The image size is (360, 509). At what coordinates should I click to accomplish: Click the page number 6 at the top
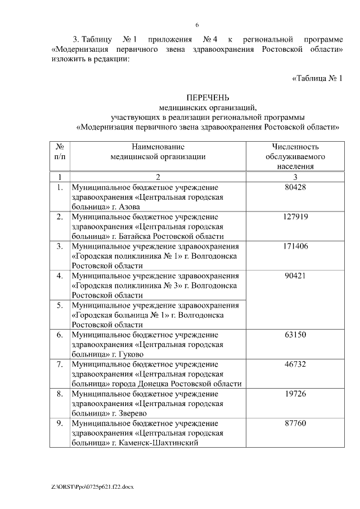pyautogui.click(x=197, y=25)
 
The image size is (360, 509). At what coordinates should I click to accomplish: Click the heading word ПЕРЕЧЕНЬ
pyautogui.click(x=208, y=97)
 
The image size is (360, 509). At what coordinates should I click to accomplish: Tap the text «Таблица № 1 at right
pyautogui.click(x=317, y=78)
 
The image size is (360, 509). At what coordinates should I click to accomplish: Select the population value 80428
pyautogui.click(x=295, y=187)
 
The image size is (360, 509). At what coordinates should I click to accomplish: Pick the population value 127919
pyautogui.click(x=295, y=217)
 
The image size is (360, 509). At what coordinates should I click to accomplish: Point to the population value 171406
pyautogui.click(x=295, y=246)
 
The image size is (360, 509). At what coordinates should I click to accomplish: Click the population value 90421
pyautogui.click(x=295, y=276)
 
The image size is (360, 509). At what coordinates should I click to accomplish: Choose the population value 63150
pyautogui.click(x=295, y=335)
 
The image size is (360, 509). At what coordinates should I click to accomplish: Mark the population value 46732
pyautogui.click(x=295, y=364)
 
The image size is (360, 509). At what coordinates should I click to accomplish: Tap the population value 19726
pyautogui.click(x=295, y=394)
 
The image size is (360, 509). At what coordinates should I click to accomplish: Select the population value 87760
pyautogui.click(x=295, y=423)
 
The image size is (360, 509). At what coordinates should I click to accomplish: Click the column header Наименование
pyautogui.click(x=158, y=146)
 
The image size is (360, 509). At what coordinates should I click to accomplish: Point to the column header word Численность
pyautogui.click(x=295, y=146)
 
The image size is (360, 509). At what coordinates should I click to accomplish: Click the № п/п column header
pyautogui.click(x=60, y=151)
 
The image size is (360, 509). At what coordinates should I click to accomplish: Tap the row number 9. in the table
pyautogui.click(x=60, y=423)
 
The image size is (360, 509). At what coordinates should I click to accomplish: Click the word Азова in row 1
pyautogui.click(x=130, y=206)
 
